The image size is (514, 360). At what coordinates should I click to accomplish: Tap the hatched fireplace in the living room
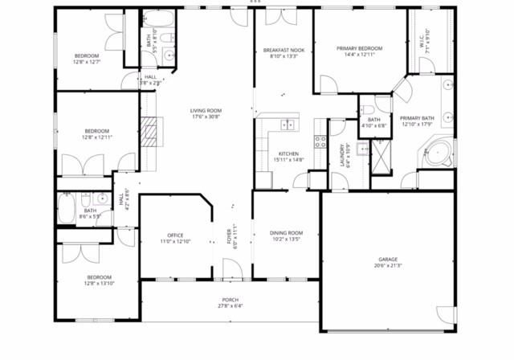click(148, 130)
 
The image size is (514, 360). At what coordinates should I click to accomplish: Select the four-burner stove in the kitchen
click(320, 141)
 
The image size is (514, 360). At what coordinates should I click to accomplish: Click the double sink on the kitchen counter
click(286, 125)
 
